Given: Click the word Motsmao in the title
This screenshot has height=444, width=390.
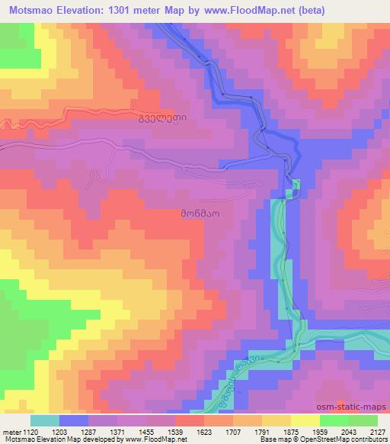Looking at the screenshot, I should [x=28, y=9].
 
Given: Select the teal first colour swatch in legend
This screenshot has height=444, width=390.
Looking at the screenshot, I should [x=45, y=420].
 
